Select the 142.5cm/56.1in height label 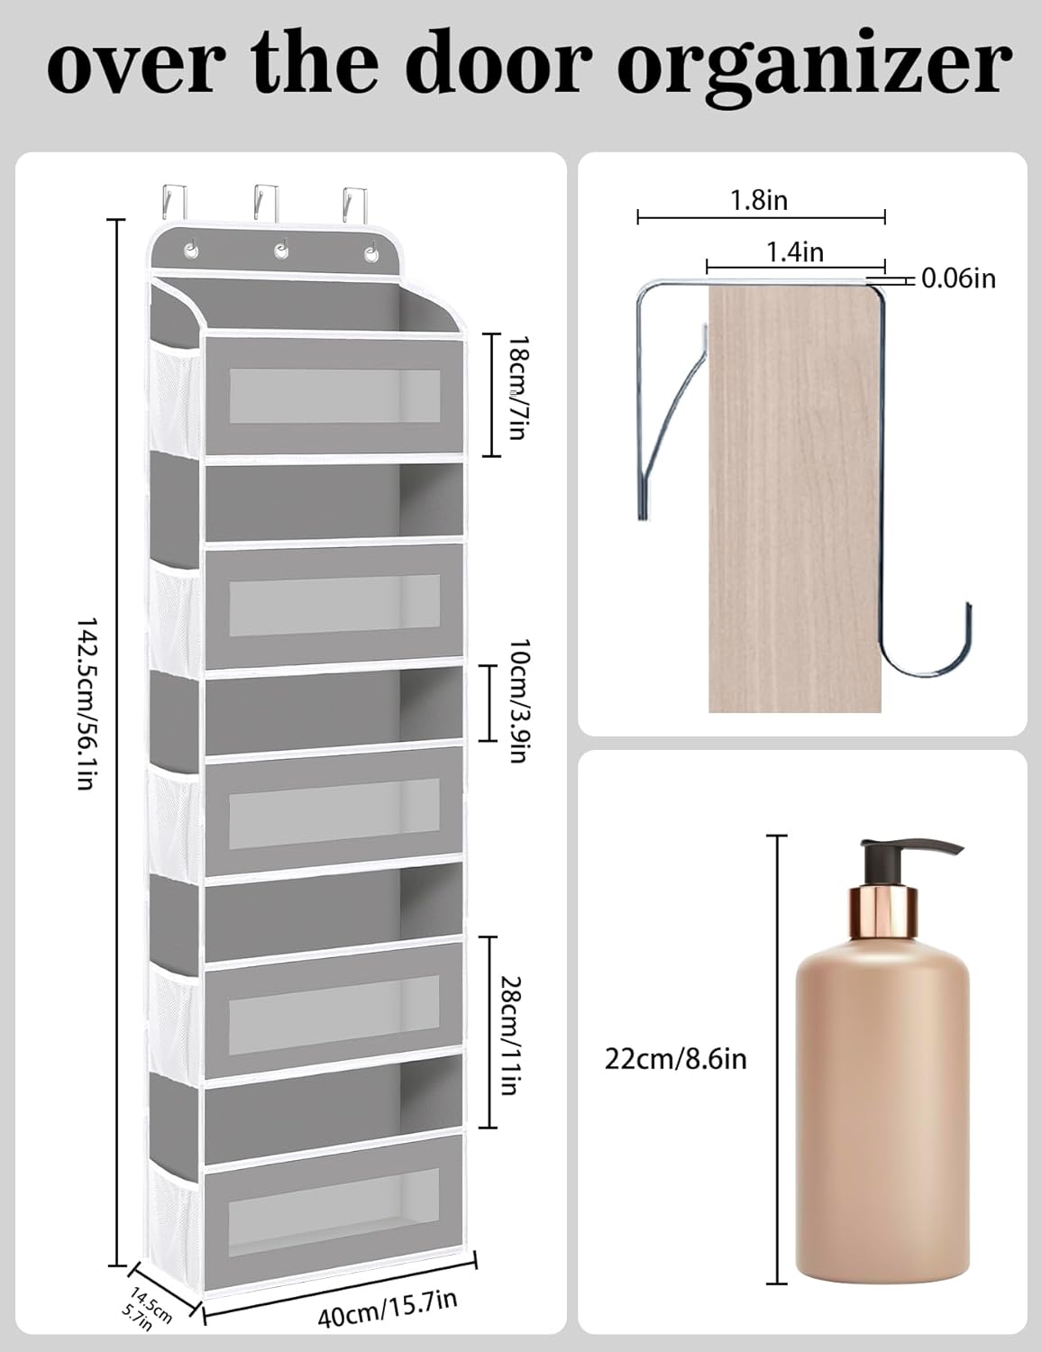click(x=85, y=703)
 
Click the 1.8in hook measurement click(x=759, y=200)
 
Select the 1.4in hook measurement click(x=795, y=252)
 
